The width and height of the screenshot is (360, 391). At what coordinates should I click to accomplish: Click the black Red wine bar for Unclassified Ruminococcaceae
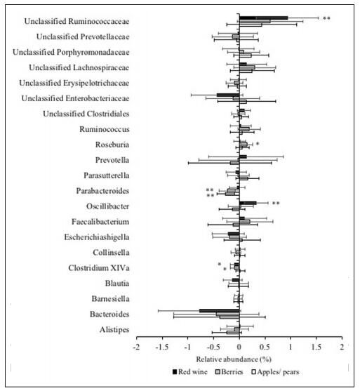(x=264, y=18)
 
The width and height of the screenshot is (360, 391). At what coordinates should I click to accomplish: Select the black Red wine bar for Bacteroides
(x=220, y=311)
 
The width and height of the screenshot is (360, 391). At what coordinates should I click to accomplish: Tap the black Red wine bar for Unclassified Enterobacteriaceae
(x=228, y=95)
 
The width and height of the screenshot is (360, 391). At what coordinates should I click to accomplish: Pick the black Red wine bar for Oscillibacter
(x=248, y=203)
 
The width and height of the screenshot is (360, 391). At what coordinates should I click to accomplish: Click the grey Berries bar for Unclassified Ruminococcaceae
(x=255, y=21)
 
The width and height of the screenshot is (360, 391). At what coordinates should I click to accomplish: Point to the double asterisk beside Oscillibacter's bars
(x=276, y=204)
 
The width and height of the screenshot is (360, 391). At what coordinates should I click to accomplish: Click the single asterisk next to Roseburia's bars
(x=258, y=144)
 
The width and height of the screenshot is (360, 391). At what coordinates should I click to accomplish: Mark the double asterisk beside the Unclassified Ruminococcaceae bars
(x=326, y=18)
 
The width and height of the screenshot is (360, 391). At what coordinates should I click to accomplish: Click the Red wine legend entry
(x=190, y=372)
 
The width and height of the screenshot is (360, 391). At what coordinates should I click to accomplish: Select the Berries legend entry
(x=229, y=372)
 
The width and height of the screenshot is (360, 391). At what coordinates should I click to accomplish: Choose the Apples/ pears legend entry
(x=276, y=372)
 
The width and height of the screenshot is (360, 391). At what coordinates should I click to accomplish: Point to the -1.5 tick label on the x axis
(x=162, y=347)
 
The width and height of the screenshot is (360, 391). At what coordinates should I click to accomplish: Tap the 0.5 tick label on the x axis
(x=265, y=347)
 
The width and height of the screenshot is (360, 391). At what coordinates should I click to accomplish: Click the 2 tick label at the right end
(x=342, y=347)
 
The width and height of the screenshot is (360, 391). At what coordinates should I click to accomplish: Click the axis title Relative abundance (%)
(x=234, y=359)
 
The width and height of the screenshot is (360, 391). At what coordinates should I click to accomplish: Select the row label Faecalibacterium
(x=100, y=222)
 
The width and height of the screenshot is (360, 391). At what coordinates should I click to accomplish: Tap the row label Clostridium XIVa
(x=99, y=268)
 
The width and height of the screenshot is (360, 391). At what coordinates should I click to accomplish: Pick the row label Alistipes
(x=114, y=330)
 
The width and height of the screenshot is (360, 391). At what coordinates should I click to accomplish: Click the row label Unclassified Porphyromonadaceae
(x=71, y=52)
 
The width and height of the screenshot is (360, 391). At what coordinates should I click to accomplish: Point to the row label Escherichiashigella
(x=97, y=237)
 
